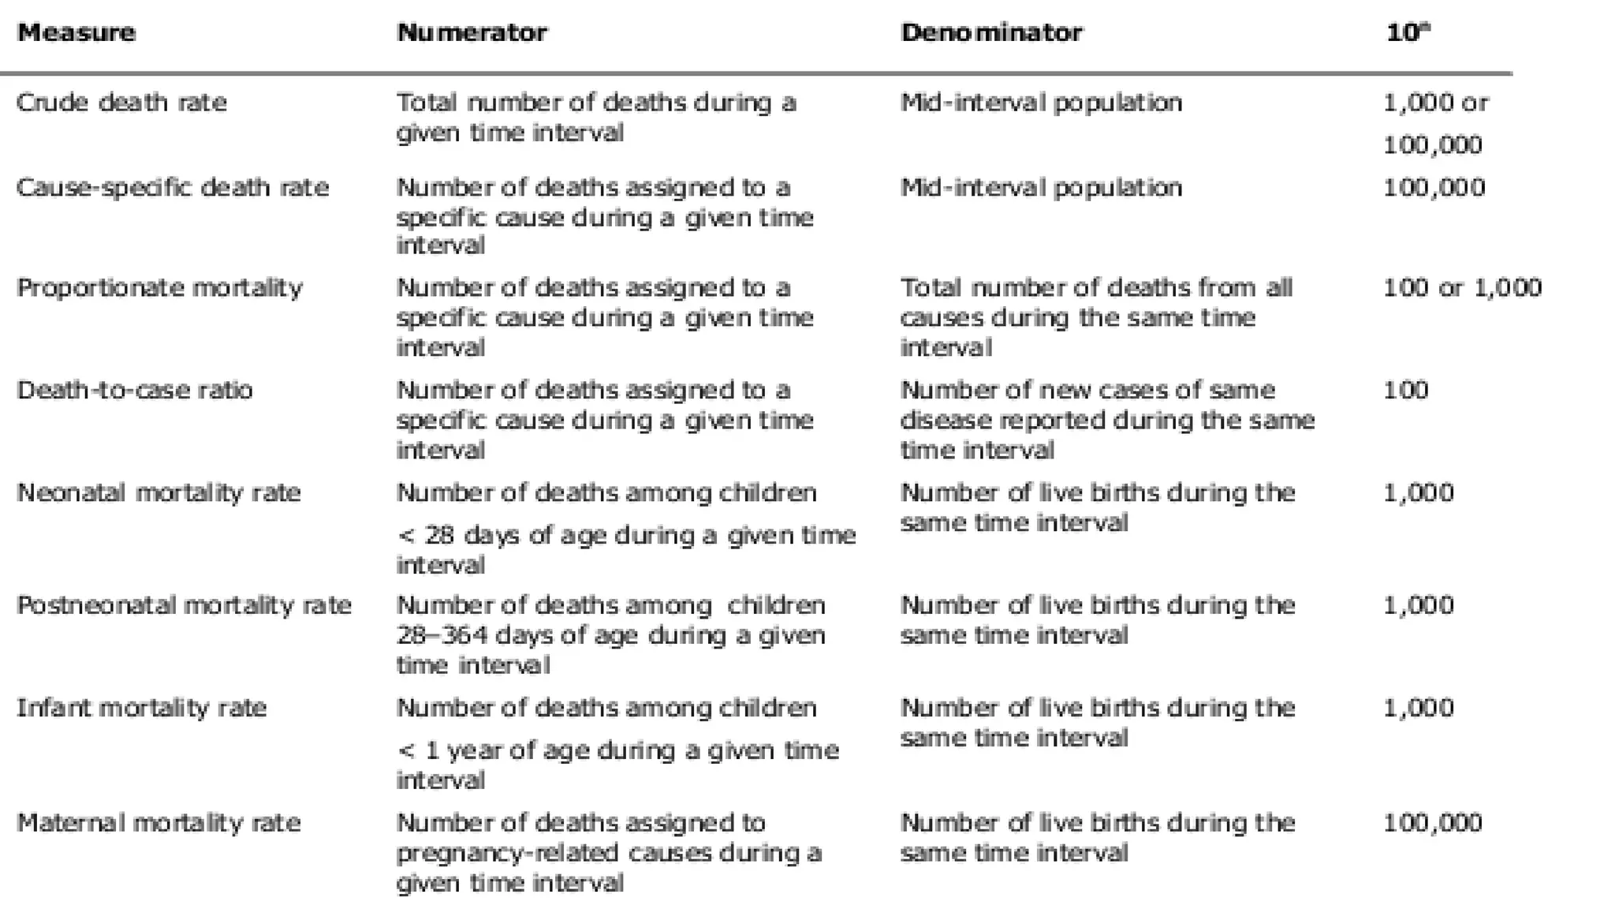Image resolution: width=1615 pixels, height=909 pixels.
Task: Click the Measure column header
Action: click(76, 33)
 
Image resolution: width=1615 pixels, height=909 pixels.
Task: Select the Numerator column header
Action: click(472, 33)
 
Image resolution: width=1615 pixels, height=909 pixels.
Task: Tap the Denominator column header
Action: click(992, 33)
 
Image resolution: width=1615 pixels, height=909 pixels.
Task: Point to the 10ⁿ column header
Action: click(1408, 33)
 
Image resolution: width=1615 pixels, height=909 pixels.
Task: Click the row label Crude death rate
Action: click(121, 103)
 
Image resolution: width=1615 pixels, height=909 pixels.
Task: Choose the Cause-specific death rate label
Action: click(173, 188)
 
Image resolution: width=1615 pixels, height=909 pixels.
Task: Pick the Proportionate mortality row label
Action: click(159, 288)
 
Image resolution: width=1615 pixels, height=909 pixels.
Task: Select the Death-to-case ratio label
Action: click(135, 391)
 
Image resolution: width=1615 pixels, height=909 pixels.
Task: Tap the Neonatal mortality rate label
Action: click(159, 493)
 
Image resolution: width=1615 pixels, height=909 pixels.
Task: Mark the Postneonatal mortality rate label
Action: click(184, 606)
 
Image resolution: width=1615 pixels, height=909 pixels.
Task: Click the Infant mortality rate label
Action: click(142, 708)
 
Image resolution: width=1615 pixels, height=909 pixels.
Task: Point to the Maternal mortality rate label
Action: click(159, 823)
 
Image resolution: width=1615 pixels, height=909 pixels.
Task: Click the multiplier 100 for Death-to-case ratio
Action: click(1405, 391)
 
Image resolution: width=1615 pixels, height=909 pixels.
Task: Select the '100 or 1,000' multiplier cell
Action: click(1462, 288)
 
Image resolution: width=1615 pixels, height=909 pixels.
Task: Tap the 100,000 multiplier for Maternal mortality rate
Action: click(1433, 823)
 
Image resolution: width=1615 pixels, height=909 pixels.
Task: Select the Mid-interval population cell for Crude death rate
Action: click(1041, 103)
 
